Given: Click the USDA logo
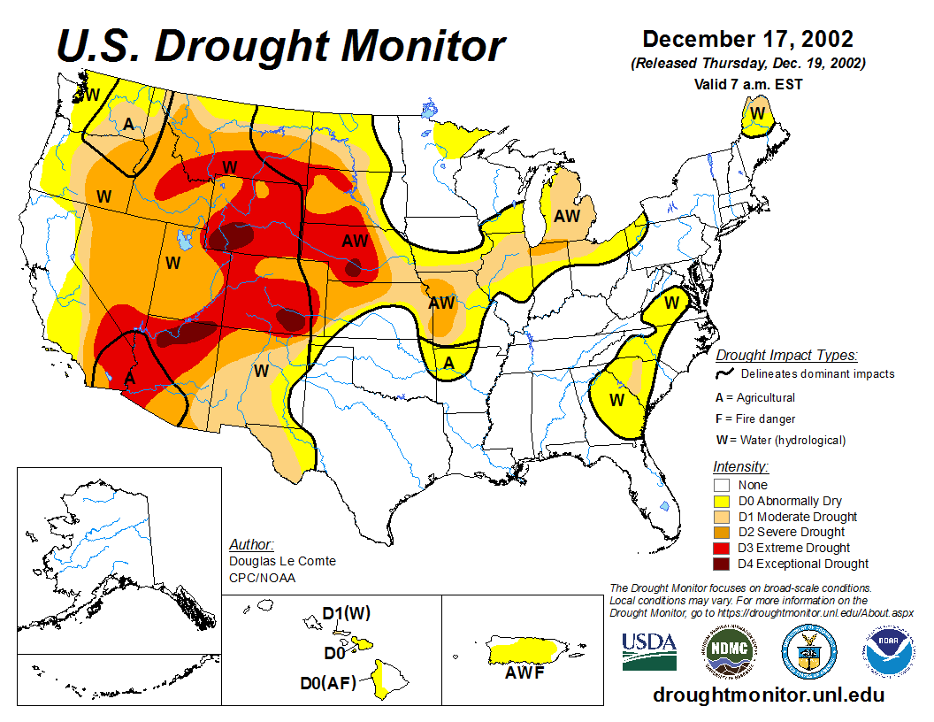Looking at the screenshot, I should [649, 652].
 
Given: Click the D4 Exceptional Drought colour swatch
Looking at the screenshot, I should [722, 564].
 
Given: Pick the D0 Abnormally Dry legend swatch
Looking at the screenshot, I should [722, 501].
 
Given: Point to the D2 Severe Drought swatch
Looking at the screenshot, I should [722, 532].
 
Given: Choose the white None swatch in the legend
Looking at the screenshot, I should [722, 485].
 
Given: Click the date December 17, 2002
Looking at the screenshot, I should [747, 40].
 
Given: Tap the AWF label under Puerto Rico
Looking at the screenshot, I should [524, 672].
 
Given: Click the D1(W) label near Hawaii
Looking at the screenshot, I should [346, 612].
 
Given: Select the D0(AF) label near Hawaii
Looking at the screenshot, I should [328, 682].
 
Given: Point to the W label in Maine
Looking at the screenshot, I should [757, 113].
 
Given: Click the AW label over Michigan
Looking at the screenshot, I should [566, 215].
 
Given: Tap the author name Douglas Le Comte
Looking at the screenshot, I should [282, 561].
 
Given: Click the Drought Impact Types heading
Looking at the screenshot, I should [786, 355].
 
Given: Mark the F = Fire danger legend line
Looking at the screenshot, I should [755, 419].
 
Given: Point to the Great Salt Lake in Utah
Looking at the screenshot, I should [184, 239].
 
